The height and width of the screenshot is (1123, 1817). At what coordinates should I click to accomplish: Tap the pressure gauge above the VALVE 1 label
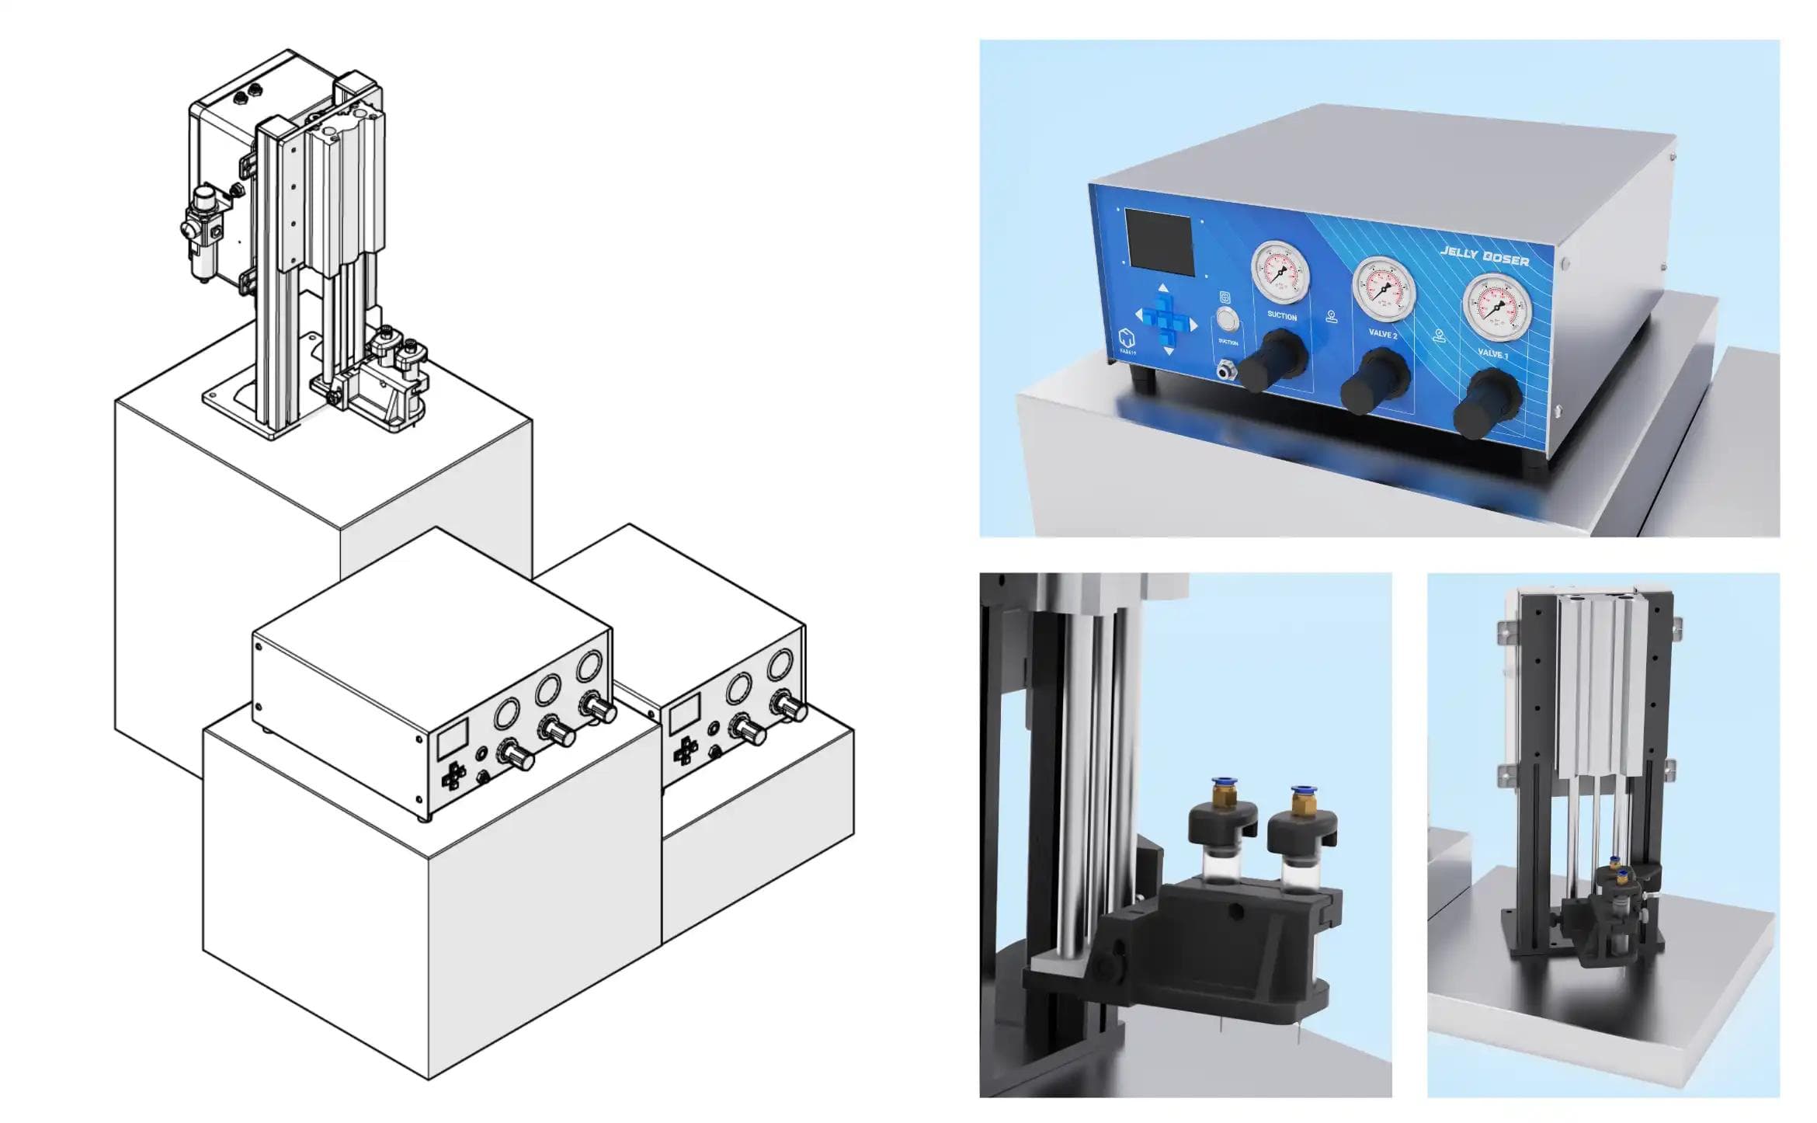click(x=1497, y=308)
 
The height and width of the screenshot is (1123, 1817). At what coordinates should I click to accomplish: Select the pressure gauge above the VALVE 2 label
click(x=1384, y=289)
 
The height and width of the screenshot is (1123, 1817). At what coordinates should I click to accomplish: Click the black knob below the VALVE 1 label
click(x=1486, y=402)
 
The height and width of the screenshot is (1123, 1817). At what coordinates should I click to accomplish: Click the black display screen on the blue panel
click(x=1159, y=242)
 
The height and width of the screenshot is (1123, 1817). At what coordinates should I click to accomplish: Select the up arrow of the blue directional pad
click(x=1163, y=289)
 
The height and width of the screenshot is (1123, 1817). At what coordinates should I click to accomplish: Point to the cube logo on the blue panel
click(x=1127, y=339)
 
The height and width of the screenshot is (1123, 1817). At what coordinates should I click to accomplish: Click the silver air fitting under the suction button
click(x=1225, y=370)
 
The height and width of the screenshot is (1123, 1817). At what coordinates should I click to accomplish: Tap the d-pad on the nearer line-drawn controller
click(x=453, y=774)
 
